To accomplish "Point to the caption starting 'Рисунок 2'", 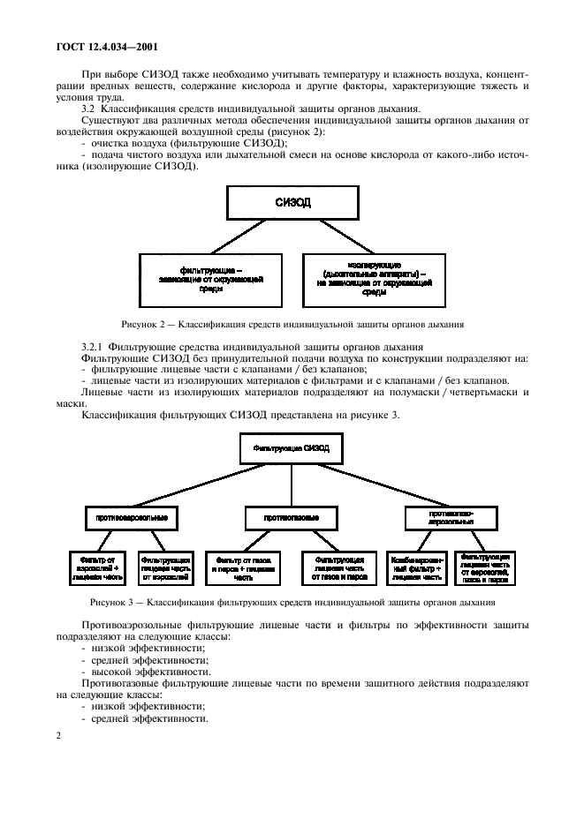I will (x=292, y=324).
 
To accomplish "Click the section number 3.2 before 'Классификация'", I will (x=87, y=109).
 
